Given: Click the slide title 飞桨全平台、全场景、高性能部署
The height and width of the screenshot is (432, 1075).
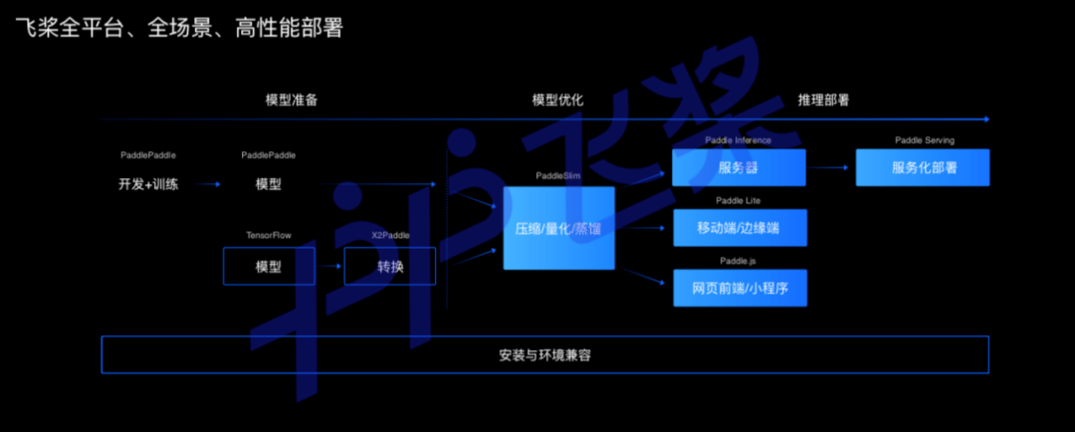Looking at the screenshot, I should point(179,29).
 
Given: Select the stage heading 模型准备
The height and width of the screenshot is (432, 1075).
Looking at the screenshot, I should point(292,101).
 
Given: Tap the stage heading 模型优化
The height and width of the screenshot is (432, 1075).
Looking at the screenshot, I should point(557,101).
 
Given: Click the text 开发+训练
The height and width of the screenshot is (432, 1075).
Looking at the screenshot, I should point(148,184).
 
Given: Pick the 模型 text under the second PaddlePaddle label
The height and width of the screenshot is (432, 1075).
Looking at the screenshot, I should point(268,184).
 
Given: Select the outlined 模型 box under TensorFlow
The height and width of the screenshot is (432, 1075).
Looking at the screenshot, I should point(269,267).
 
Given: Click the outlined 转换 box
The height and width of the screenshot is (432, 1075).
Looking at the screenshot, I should point(390,267).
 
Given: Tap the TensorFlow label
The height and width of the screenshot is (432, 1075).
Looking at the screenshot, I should point(269,235).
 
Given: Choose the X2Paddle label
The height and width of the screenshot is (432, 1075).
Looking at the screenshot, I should point(390,235).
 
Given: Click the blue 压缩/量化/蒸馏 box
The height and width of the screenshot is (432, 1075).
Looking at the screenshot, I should point(558,228).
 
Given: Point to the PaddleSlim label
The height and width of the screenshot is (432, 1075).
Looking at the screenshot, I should point(558,176).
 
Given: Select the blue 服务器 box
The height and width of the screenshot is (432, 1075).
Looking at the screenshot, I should point(739,167).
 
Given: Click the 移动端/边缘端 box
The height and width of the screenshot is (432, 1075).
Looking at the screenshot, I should point(739,228).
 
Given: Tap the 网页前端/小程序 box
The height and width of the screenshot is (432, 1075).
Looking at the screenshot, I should point(739,288).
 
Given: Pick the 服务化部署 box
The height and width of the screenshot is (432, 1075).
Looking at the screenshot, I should point(923,167).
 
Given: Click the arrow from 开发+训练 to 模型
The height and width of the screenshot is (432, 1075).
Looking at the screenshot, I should point(208,184).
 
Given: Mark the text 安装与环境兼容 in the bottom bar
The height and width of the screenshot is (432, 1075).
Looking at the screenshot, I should point(545,354).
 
